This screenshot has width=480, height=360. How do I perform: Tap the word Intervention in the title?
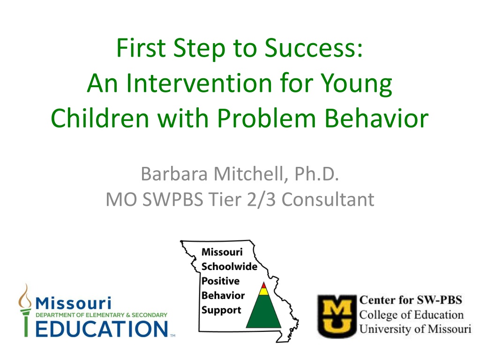pos(199,83)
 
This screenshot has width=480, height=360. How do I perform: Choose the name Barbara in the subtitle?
pos(174,174)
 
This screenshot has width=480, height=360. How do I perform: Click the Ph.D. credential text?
pos(316,174)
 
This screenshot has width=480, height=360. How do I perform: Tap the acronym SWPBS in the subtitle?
pos(173,200)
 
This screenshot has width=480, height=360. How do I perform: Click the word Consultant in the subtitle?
pos(328,200)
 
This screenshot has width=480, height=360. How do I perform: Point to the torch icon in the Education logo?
pos(25,310)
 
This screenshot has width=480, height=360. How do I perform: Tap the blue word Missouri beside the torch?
pos(74,303)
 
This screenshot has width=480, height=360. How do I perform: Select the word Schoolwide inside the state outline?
pos(229,266)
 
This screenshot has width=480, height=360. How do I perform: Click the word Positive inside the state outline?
pos(220,281)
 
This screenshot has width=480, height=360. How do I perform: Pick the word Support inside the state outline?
pos(221,310)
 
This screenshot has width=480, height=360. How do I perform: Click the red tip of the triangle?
pos(263,285)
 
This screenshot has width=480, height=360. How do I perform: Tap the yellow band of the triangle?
pos(263,292)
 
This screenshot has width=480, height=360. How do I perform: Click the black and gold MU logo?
pos(337,316)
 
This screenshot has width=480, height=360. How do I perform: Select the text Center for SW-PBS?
pos(411,300)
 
